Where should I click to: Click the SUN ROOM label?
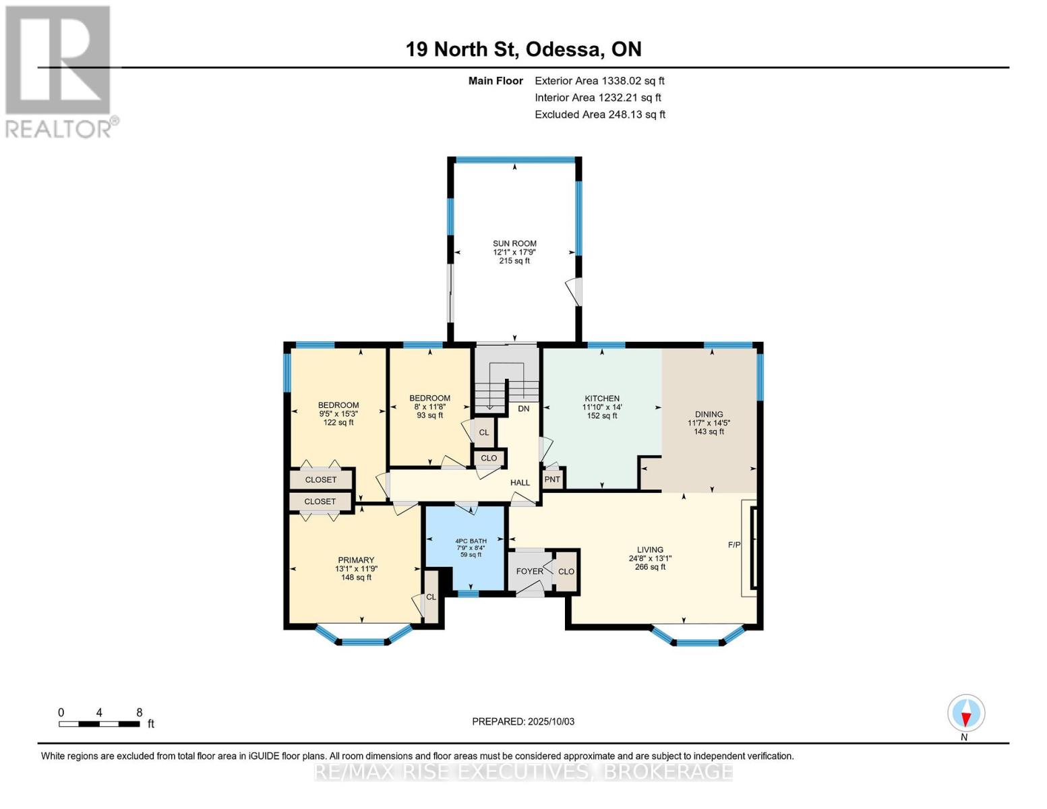[514, 244]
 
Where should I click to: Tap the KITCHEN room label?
[602, 398]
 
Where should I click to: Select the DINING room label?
[709, 414]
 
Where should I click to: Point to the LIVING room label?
[650, 549]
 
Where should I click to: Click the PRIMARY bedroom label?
[356, 560]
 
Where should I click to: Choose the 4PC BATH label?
[471, 541]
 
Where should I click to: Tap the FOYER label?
[529, 572]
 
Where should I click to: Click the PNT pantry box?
[552, 479]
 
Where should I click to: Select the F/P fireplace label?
[734, 545]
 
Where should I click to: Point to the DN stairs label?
[524, 409]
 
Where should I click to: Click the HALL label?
[520, 482]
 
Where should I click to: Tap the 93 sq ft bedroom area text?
[429, 415]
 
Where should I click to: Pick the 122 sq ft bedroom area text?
[338, 423]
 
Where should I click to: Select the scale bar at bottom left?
[99, 724]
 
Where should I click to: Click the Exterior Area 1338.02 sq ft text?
[599, 81]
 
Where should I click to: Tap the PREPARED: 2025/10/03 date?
[523, 721]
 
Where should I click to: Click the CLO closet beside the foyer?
[566, 572]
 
